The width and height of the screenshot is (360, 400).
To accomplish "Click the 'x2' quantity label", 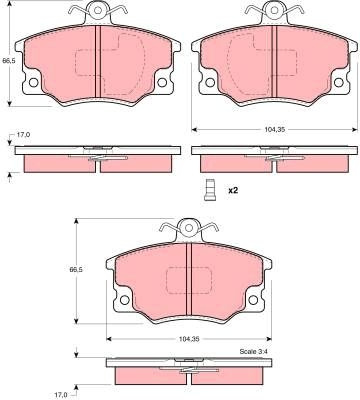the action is (233, 190).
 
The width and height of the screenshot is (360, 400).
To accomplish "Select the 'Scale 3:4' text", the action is (253, 351).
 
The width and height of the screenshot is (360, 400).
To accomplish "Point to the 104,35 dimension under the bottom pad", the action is (189, 339).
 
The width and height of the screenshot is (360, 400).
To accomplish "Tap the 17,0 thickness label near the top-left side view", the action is (23, 135).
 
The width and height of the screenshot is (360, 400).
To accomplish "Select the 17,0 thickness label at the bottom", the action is (61, 395).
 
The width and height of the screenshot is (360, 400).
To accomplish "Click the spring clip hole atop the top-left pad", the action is (98, 10).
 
